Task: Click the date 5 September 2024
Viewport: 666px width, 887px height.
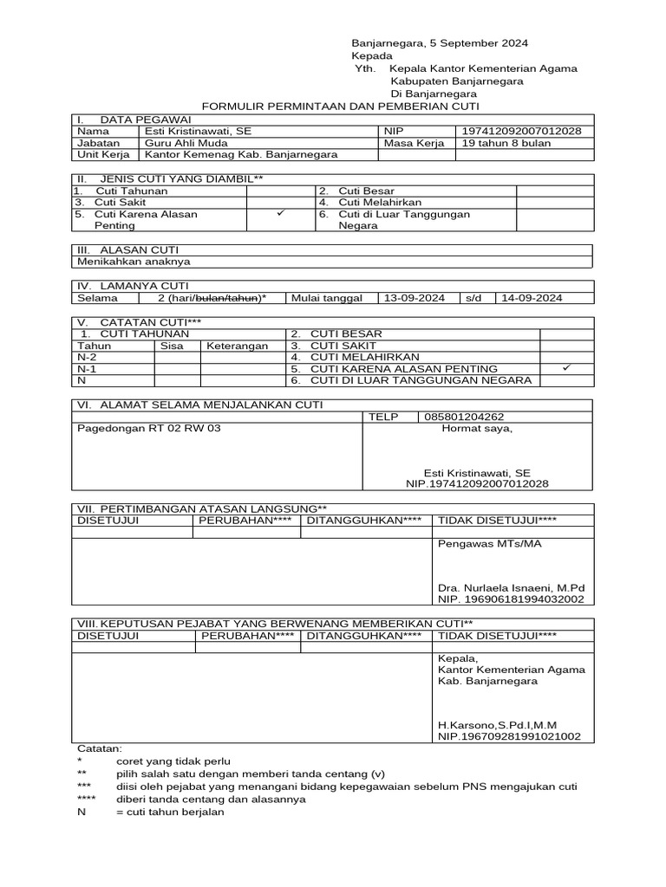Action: coord(479,42)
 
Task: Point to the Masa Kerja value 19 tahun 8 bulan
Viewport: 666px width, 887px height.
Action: coord(505,143)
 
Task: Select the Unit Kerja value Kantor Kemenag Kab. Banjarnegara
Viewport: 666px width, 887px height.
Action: coord(241,155)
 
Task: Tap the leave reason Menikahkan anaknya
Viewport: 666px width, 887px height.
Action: coord(134,261)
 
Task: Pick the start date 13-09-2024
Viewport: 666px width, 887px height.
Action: coord(415,298)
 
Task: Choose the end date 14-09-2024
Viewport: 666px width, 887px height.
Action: coord(531,298)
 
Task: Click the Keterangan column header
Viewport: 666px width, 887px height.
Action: coord(237,345)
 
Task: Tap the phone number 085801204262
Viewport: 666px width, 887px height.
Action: coord(464,417)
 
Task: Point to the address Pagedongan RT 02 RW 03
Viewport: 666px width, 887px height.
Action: coord(149,428)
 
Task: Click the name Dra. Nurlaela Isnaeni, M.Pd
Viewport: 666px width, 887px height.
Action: coord(512,587)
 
